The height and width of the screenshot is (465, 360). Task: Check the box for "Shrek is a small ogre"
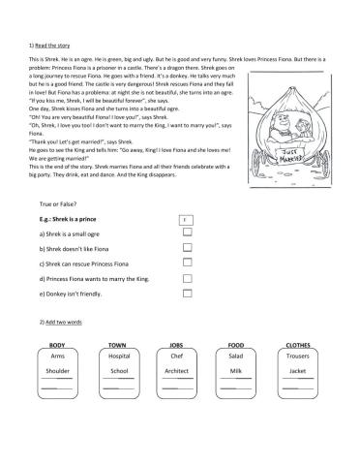click(187, 233)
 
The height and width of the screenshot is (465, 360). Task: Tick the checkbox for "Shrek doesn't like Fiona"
click(187, 249)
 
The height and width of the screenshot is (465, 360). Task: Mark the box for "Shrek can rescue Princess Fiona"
click(187, 264)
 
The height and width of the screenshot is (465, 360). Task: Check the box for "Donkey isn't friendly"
click(187, 294)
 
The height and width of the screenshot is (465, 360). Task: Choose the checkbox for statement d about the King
click(187, 279)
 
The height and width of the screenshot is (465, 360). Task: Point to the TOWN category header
click(118, 346)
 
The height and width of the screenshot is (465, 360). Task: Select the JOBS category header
click(176, 346)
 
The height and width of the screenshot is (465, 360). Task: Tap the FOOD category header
click(236, 346)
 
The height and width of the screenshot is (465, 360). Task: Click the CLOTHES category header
click(299, 346)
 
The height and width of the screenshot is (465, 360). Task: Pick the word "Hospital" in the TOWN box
click(118, 356)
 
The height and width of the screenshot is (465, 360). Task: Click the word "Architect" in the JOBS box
click(176, 371)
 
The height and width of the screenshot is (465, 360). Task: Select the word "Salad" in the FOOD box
click(236, 356)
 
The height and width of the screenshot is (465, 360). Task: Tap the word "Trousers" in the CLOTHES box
click(298, 356)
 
